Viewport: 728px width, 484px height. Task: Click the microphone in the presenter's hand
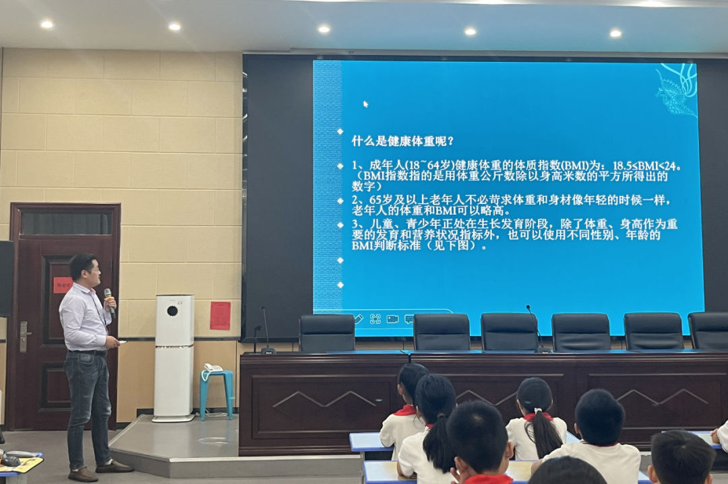(x=109, y=300)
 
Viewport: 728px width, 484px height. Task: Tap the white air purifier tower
(x=174, y=357)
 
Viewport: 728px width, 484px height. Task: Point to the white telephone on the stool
(x=213, y=368)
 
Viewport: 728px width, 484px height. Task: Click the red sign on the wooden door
(x=62, y=285)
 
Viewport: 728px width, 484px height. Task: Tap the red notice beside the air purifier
(x=220, y=315)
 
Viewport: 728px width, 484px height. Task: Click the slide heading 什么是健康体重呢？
(x=402, y=141)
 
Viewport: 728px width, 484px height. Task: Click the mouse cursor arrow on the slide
(x=365, y=104)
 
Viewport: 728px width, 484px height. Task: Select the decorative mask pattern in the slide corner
(x=677, y=88)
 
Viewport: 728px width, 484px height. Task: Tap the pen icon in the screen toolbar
(x=358, y=318)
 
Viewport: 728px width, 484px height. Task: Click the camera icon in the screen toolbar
(x=392, y=318)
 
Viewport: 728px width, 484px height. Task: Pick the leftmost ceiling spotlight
(x=47, y=24)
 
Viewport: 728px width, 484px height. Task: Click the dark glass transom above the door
(x=65, y=223)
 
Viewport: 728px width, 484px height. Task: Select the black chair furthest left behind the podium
(x=327, y=333)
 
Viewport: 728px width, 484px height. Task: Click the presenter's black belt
(x=89, y=352)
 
